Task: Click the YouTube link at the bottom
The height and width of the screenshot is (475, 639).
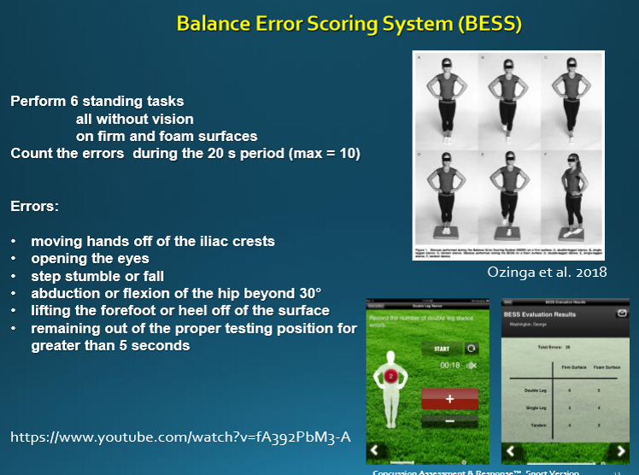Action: (x=180, y=437)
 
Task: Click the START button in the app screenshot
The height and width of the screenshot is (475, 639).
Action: (x=441, y=349)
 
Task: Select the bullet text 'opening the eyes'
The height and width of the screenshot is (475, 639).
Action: (x=90, y=258)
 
